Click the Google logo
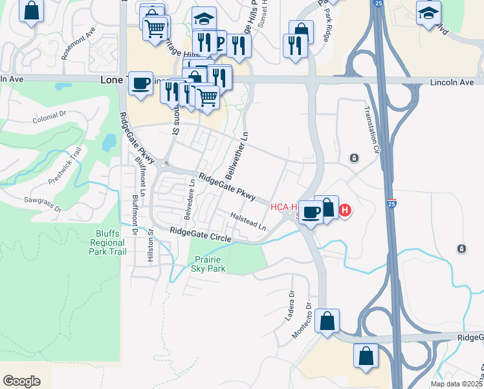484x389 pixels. coord(21,381)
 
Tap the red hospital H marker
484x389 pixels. coord(345,211)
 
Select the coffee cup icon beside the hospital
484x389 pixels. coord(311,212)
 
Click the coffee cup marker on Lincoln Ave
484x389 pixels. coord(140,83)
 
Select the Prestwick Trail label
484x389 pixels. coord(69,163)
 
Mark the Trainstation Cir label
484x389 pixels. coord(371,130)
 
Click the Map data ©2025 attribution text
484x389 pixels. coord(456,384)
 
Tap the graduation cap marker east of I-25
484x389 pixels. coord(428,12)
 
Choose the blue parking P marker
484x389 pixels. coord(218,43)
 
